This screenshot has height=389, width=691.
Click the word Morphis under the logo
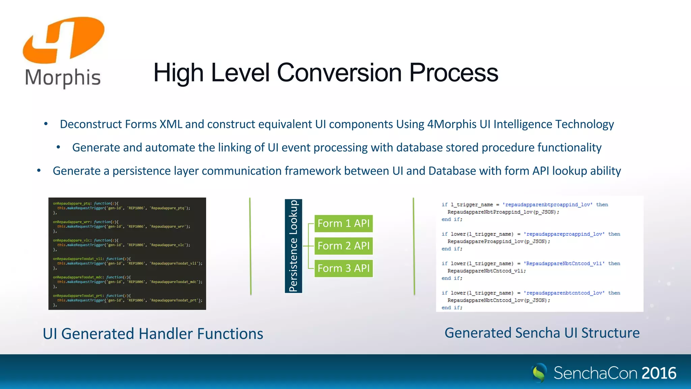63,78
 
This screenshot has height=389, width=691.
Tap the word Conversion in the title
340,73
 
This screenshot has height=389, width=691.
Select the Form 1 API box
343,224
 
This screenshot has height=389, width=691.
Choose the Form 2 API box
343,246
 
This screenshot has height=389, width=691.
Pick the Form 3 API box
343,268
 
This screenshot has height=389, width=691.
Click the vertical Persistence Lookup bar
294,246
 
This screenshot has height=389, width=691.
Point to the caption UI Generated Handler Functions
153,334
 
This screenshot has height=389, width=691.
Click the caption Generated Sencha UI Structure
542,333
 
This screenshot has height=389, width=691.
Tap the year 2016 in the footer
659,373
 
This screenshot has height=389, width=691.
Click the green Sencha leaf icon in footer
539,373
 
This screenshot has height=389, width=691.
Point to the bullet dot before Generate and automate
58,147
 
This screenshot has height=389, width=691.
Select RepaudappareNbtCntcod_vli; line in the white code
486,271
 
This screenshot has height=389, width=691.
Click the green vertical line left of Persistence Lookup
250,246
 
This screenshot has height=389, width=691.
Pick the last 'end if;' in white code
452,308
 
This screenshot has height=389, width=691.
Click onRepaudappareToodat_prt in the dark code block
77,295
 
